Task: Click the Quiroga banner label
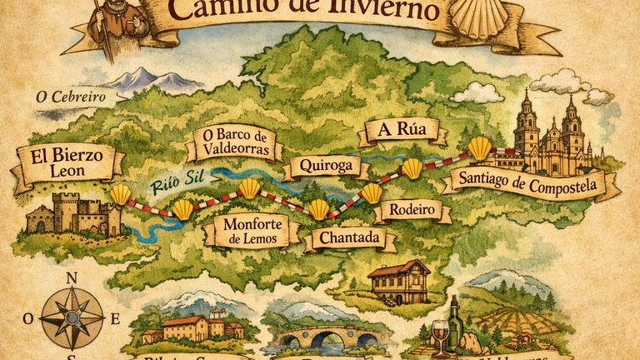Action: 326,166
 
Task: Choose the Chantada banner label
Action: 345,239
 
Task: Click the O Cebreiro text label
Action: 71,97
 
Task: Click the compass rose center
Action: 72,317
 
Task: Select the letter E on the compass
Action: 116,318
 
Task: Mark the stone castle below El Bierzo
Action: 75,213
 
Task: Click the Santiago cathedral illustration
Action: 552,137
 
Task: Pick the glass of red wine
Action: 439,335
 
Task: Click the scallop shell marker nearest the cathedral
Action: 480,148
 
